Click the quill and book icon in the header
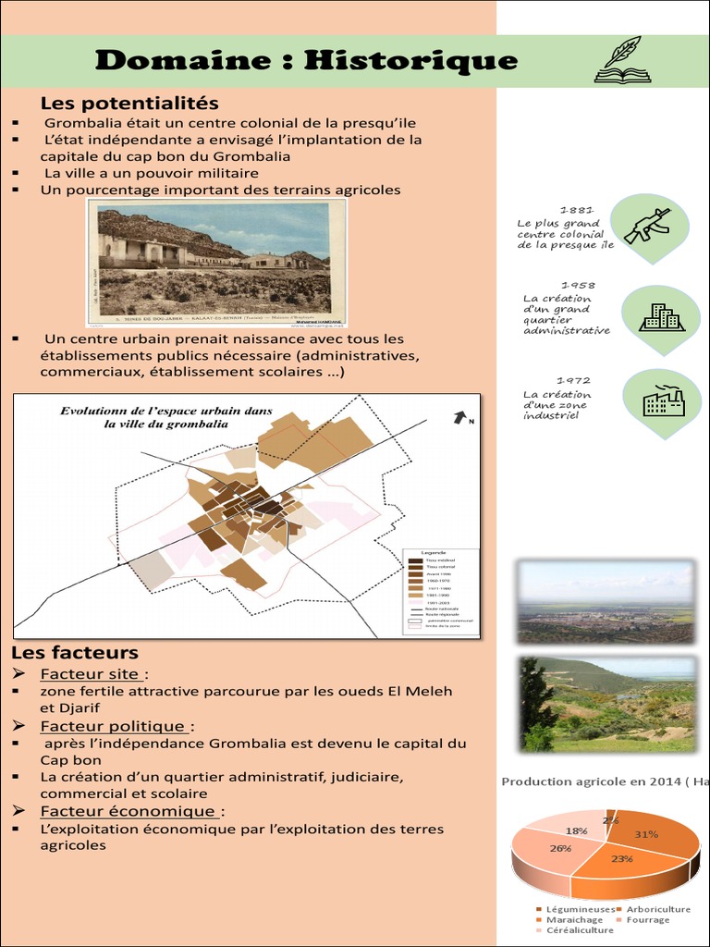tap(623, 60)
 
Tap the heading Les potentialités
tap(129, 103)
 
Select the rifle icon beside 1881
tap(648, 225)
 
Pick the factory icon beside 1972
tap(663, 401)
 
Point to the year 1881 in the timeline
tap(577, 210)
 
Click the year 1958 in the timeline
tap(577, 285)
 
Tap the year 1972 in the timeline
tap(573, 380)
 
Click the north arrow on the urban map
tap(459, 418)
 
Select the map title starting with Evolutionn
tap(166, 417)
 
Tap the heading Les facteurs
tap(75, 653)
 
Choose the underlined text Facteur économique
tap(129, 811)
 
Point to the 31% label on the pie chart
tap(646, 833)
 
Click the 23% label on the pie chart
tap(621, 858)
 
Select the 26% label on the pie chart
tap(560, 848)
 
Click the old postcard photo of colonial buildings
tap(215, 264)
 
